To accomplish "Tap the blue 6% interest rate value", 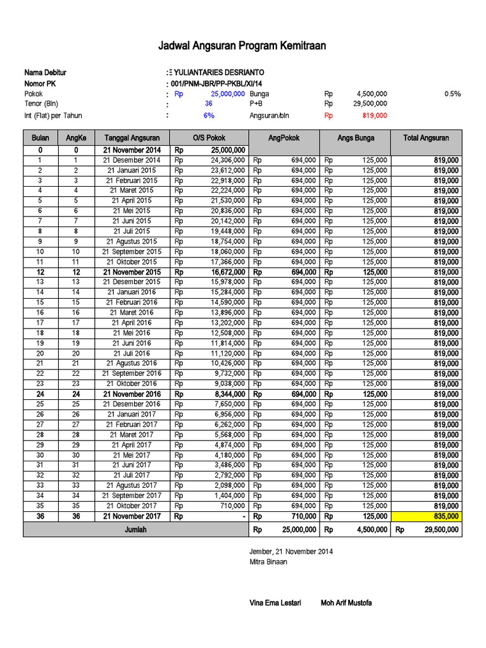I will [209, 116].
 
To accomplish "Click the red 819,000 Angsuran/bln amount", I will [375, 116].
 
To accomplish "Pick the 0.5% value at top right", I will [452, 94].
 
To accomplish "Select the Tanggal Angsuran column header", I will [132, 138].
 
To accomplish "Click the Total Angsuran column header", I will [428, 138].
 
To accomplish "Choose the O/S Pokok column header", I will [209, 138].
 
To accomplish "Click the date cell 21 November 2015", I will [132, 272].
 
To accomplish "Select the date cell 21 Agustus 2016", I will [132, 363].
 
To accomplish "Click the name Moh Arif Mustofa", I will [346, 603].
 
